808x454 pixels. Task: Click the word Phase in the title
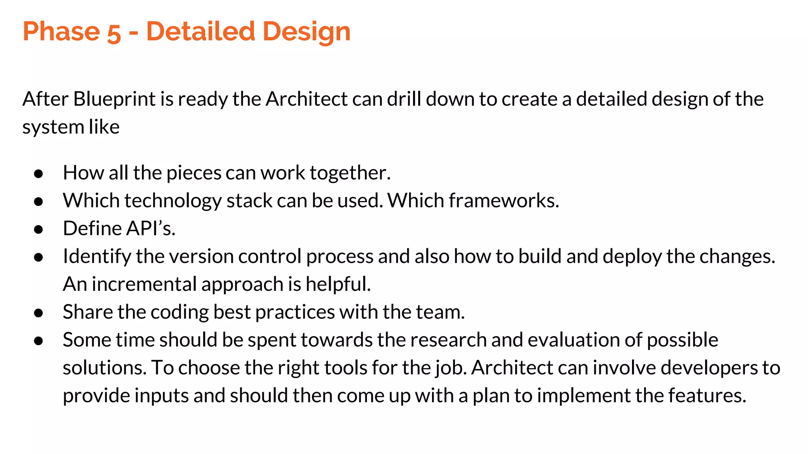click(62, 32)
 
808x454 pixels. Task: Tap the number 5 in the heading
click(114, 32)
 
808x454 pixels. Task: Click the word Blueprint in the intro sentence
click(114, 99)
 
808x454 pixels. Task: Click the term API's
click(152, 229)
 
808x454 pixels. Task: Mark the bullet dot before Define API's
click(38, 229)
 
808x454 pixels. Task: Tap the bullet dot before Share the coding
click(38, 313)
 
